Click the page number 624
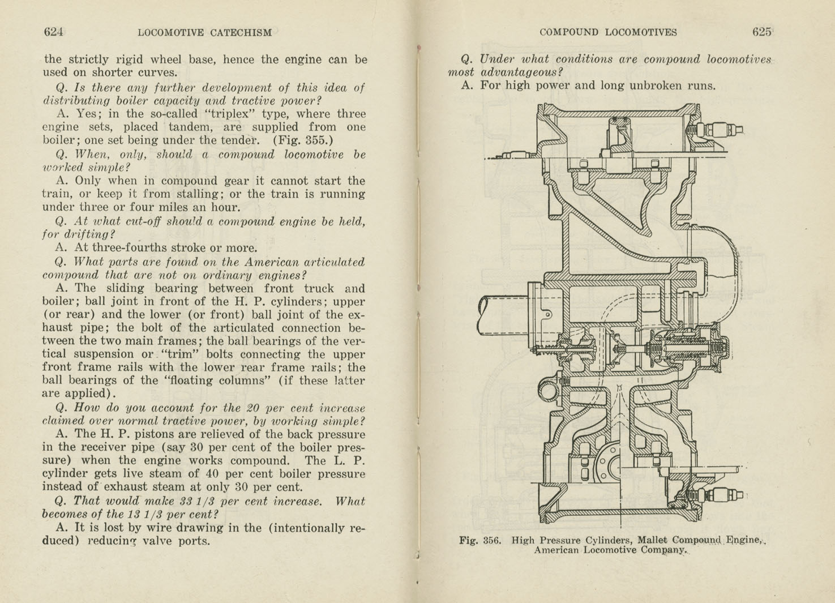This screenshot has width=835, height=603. [53, 32]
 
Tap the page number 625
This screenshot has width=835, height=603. [761, 32]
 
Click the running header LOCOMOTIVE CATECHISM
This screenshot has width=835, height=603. [204, 33]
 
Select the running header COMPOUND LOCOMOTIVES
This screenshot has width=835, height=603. [608, 32]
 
